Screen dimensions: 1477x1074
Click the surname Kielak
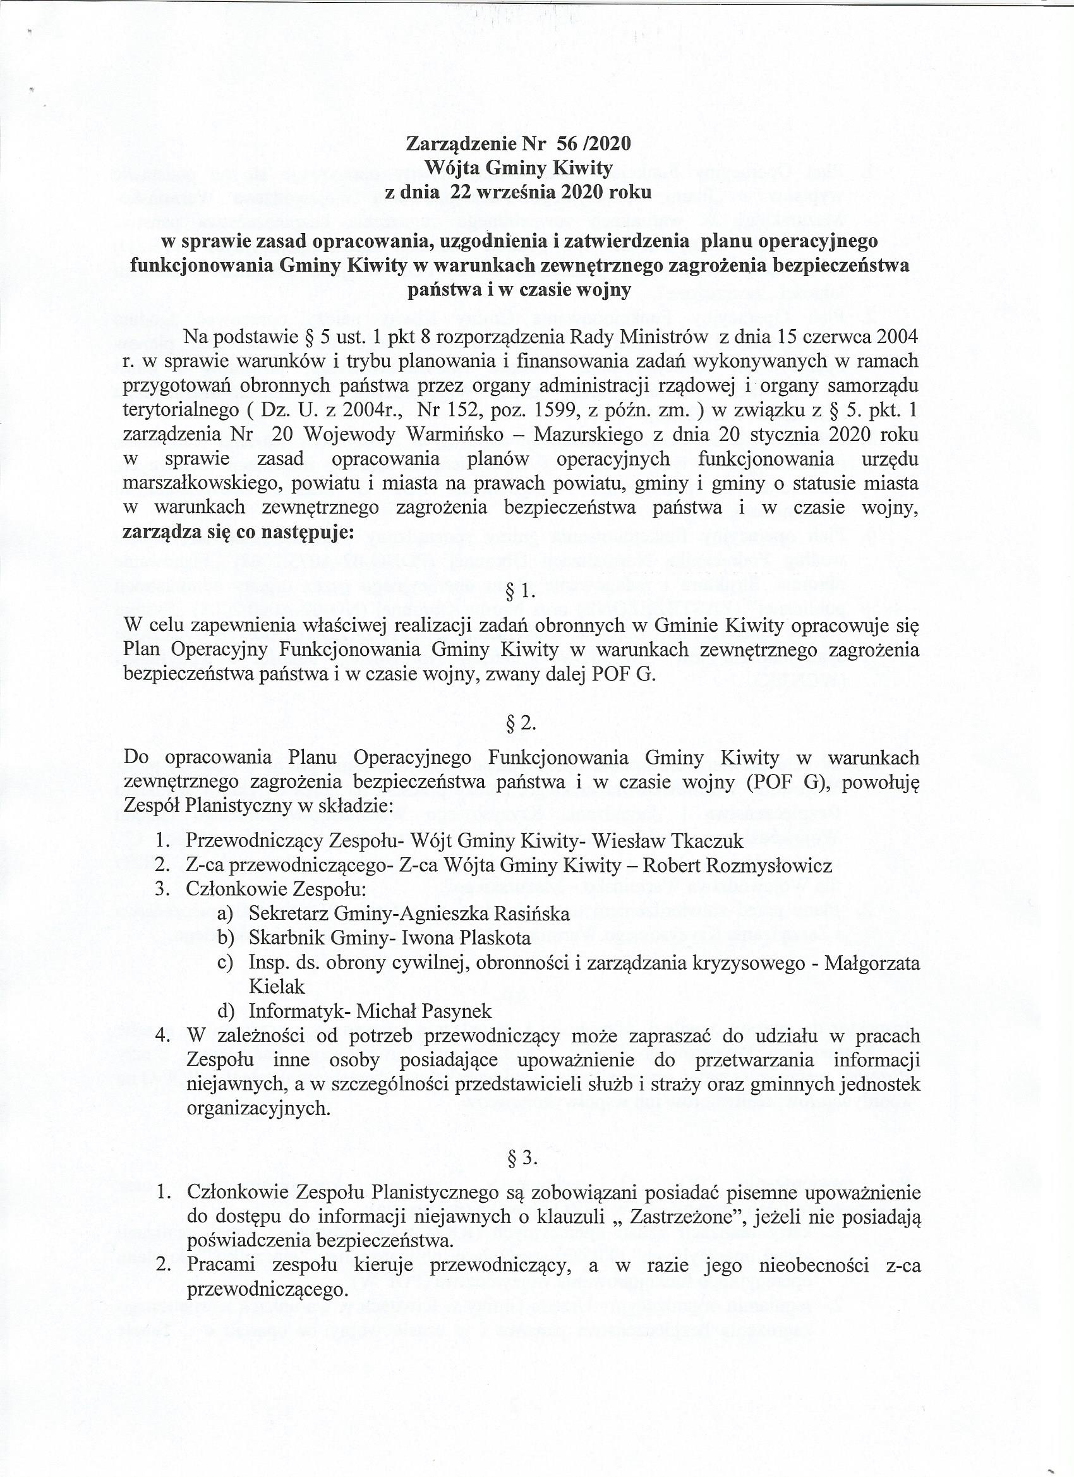[277, 986]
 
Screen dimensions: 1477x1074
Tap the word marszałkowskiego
[203, 484]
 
